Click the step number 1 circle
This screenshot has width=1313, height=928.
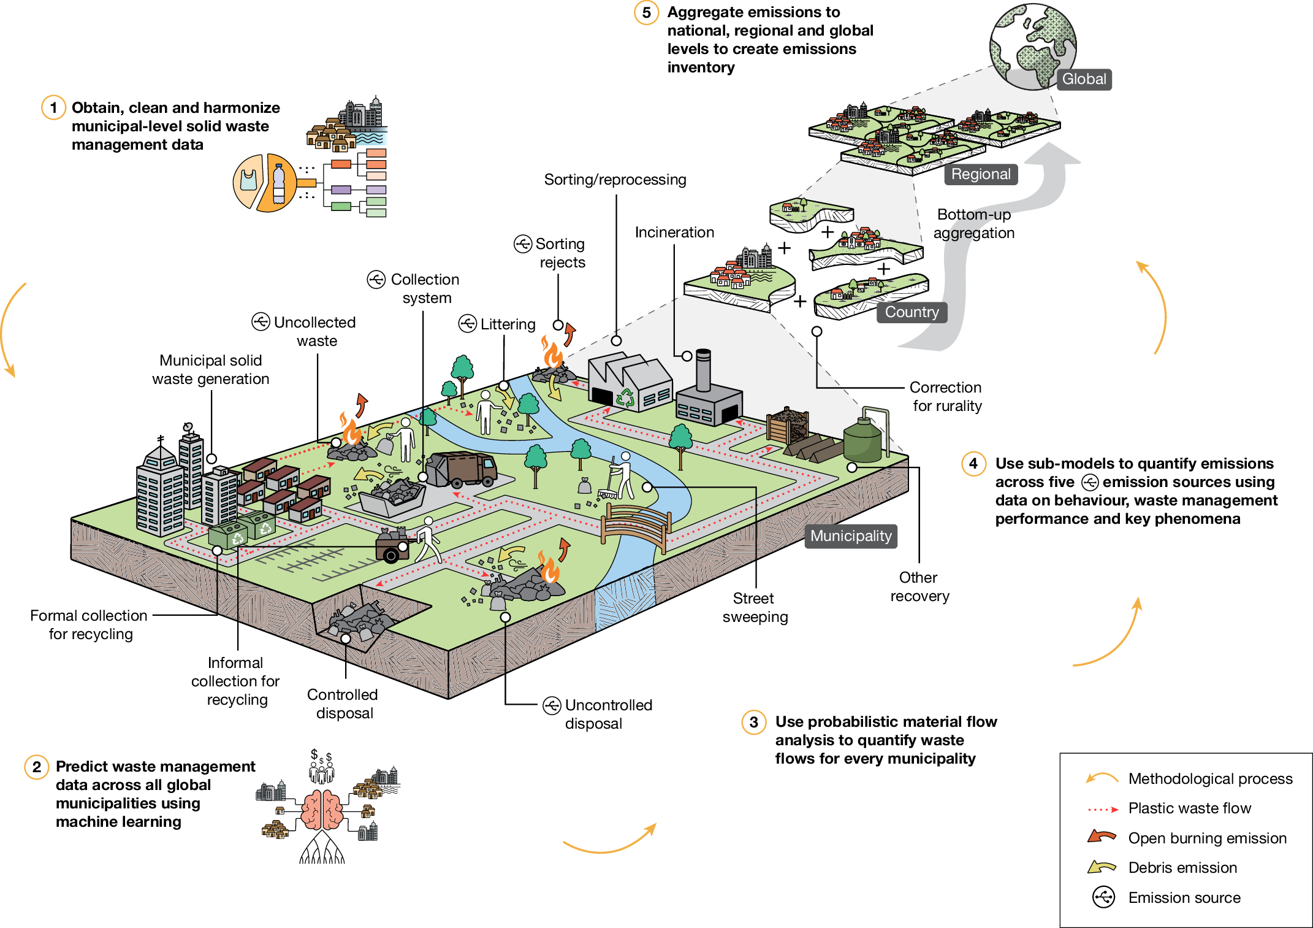coord(53,108)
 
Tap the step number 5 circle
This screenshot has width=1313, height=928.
coord(646,13)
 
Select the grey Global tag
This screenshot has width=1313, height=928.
coord(1083,79)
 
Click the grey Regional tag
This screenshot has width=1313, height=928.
coord(980,174)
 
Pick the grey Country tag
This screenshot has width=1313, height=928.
coord(911,312)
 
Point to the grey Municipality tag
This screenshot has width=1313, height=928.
coord(850,536)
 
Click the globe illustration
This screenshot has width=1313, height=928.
coord(1033,46)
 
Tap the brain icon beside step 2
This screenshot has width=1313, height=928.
coord(322,810)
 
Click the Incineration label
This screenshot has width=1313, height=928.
coord(674,232)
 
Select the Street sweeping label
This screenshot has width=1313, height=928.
coord(755,607)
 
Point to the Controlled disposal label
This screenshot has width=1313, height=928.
coord(343,704)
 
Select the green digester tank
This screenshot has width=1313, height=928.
coord(862,440)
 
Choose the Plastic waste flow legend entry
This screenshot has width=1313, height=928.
coord(1189,808)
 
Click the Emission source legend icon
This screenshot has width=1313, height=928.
coord(1103,897)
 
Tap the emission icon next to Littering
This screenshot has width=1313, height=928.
coord(468,323)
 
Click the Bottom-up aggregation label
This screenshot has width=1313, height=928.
coord(973,224)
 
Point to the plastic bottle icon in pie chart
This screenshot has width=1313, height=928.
coord(280,183)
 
